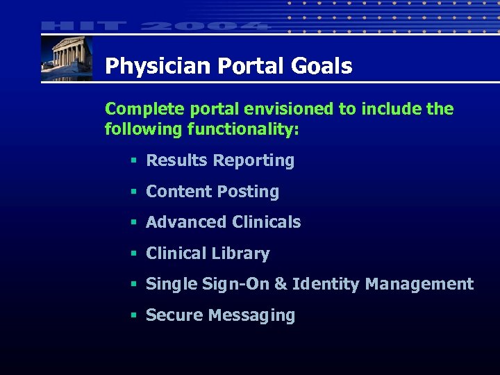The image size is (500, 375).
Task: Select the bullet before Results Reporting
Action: pos(132,161)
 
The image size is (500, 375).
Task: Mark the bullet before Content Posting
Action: pos(132,192)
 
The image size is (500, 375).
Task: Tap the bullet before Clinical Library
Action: pos(132,254)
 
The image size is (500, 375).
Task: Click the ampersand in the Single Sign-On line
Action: pos(280,284)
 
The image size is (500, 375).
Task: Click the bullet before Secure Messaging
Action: pos(132,316)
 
